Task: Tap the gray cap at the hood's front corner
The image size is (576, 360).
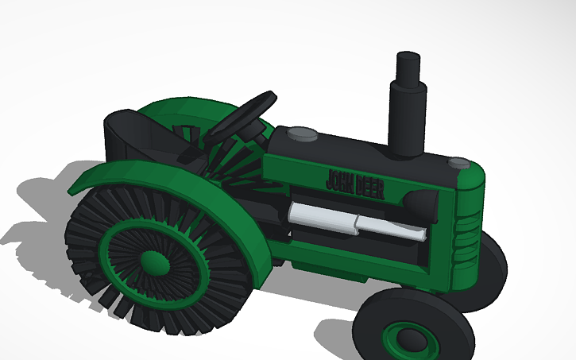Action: tap(458, 163)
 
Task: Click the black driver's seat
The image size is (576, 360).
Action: tap(135, 139)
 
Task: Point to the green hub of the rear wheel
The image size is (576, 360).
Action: tap(152, 261)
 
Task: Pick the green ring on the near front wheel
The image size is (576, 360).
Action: tap(393, 338)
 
